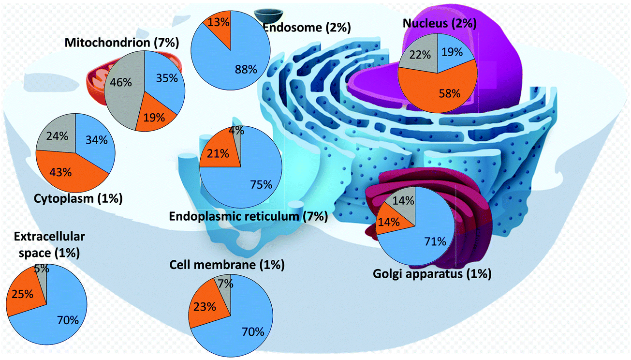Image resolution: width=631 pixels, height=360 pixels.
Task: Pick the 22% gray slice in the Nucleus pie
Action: point(419,56)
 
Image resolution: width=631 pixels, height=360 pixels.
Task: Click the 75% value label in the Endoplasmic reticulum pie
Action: point(262,184)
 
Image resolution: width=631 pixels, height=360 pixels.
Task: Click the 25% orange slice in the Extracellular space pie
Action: point(23,293)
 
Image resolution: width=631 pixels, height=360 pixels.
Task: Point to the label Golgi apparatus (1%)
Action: point(432,274)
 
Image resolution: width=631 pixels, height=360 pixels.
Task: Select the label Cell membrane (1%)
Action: point(227,265)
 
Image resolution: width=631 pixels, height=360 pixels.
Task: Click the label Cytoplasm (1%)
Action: point(78,198)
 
